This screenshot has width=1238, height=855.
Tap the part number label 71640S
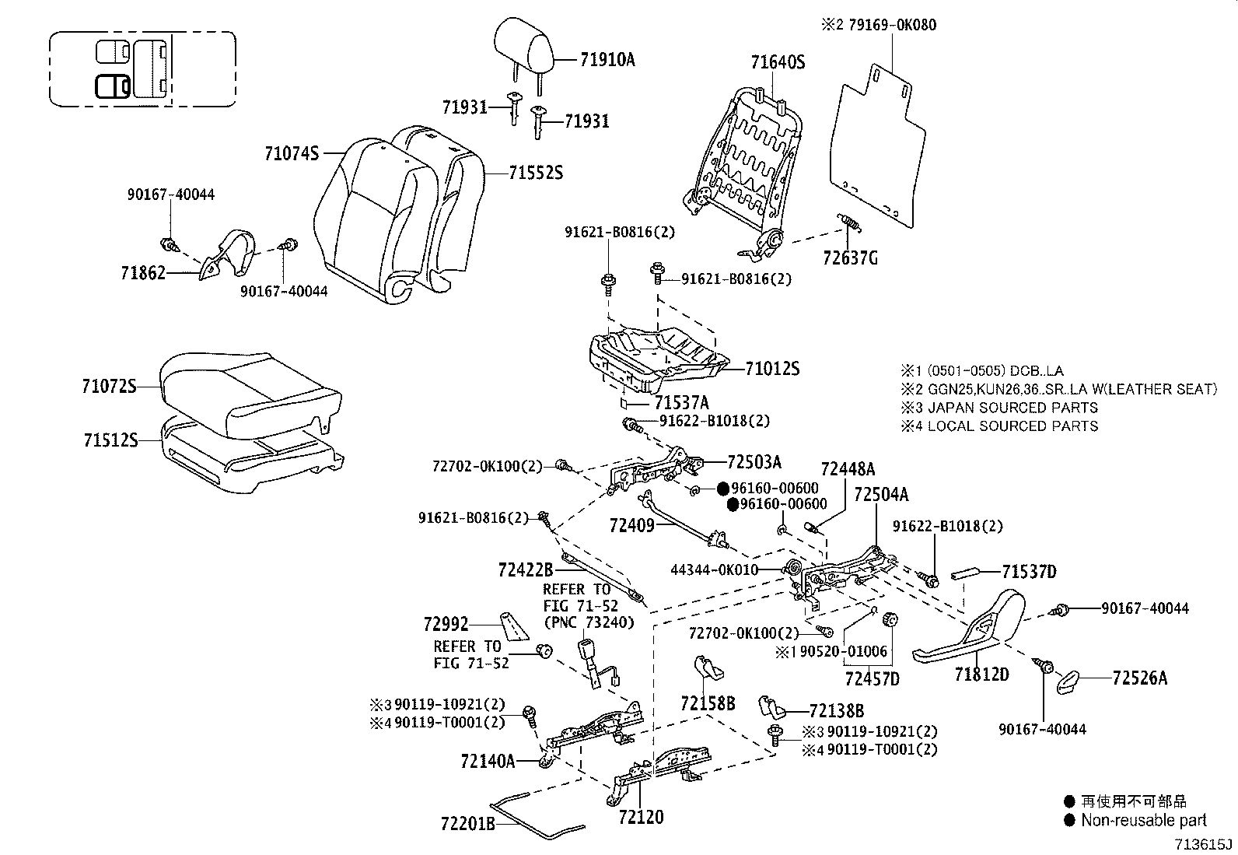point(778,62)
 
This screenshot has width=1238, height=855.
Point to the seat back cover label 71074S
point(292,154)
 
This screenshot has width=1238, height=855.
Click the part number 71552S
point(536,173)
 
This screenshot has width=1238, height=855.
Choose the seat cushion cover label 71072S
point(109,386)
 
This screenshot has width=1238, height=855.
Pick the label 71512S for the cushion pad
point(110,440)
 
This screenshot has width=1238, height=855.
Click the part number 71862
point(143,273)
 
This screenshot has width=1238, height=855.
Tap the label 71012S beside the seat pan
point(772,369)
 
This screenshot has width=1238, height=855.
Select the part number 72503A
point(754,462)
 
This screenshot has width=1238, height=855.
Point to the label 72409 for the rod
point(633,526)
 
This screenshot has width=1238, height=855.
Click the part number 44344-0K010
point(714,570)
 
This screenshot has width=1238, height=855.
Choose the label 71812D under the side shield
point(981,675)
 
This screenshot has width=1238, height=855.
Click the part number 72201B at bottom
point(467,823)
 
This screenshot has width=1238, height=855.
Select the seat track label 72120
point(642,817)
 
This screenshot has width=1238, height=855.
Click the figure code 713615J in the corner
point(1204,845)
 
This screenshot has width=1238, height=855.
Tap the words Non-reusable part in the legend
point(1144,820)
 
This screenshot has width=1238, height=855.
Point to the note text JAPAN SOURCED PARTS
point(1012,408)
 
